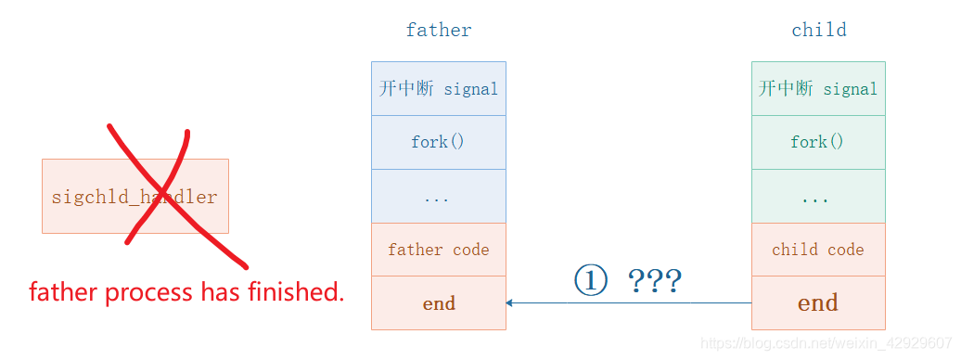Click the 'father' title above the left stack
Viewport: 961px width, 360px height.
[439, 30]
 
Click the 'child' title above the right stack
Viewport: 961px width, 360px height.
[818, 30]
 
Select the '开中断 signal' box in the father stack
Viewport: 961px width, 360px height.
[439, 89]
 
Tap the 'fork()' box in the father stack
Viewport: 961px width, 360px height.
[439, 142]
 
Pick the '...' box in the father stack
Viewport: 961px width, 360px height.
[439, 197]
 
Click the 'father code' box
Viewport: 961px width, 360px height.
[439, 250]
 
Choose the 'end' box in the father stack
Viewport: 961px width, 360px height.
[439, 303]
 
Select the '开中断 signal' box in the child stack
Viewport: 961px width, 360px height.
[818, 89]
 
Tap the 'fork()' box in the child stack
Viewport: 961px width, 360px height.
[818, 142]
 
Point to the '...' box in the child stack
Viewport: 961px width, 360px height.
[818, 197]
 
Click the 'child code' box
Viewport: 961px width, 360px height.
[818, 250]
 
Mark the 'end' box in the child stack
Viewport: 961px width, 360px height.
[818, 303]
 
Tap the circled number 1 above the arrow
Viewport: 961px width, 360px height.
[590, 280]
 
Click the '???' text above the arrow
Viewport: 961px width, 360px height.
[655, 280]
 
